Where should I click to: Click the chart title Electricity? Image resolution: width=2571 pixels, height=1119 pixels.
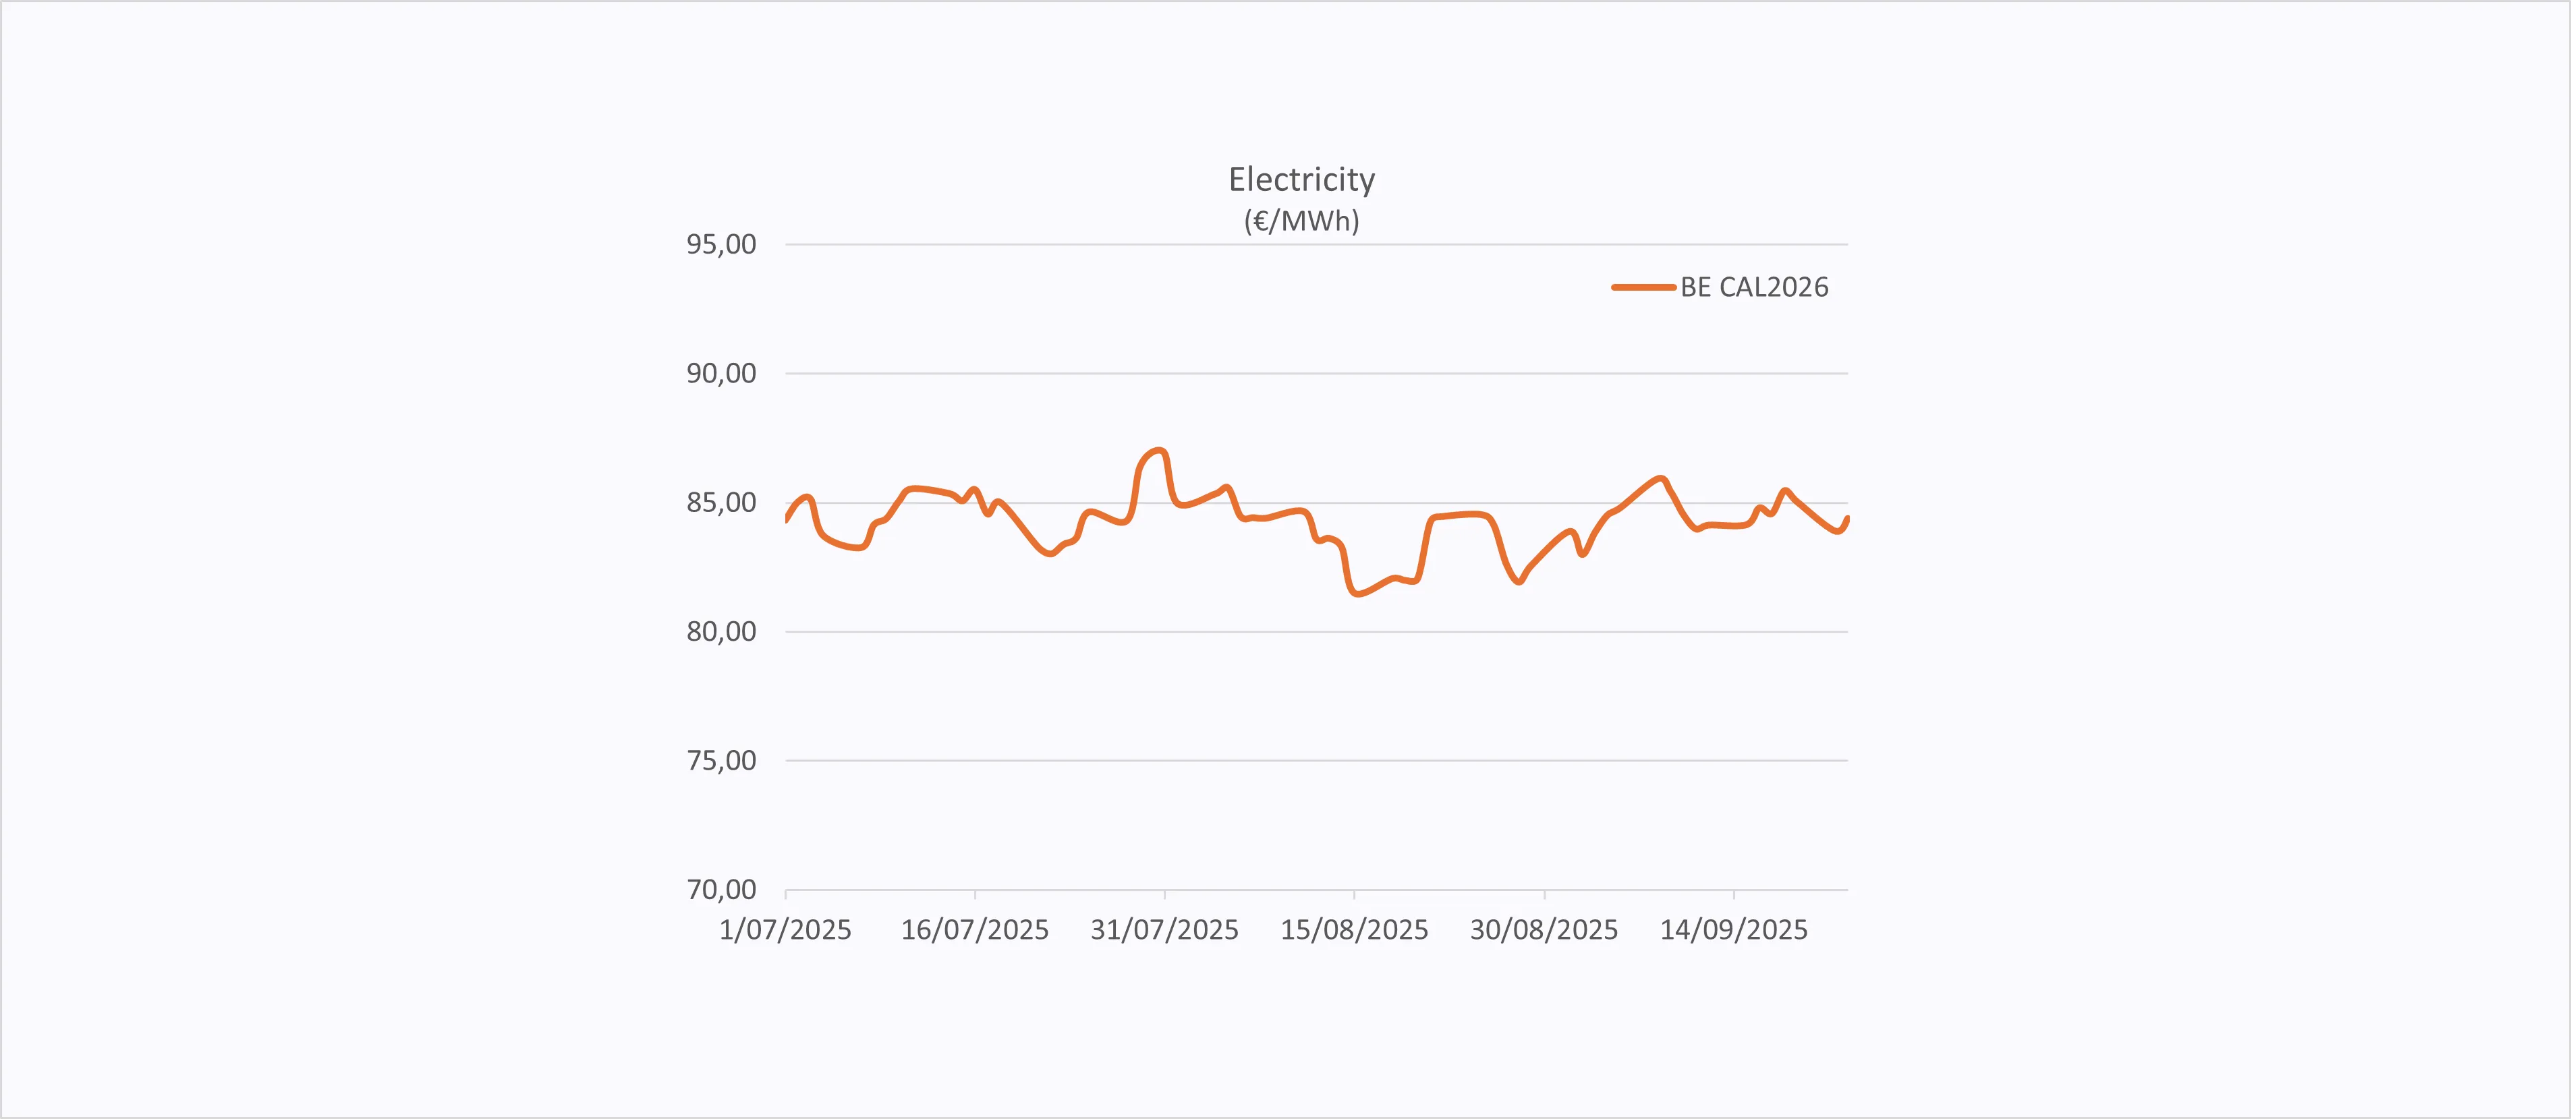coord(1301,179)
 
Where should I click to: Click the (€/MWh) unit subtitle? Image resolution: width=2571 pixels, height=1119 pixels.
coord(1301,221)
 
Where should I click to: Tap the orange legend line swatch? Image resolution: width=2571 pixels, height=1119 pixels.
coord(1643,287)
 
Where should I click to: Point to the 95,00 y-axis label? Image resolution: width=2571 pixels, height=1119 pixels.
coord(721,245)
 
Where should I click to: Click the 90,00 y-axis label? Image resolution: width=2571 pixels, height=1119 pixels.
coord(721,373)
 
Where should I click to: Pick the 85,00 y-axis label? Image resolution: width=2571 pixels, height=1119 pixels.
coord(721,502)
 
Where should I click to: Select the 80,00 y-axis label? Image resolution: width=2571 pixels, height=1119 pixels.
coord(721,631)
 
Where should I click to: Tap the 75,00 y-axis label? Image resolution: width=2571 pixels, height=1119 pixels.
coord(721,761)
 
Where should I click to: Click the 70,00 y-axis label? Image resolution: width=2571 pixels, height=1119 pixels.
coord(721,890)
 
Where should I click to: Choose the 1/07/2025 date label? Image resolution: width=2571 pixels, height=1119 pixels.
coord(785,930)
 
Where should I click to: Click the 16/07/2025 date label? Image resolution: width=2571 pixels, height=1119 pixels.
coord(975,930)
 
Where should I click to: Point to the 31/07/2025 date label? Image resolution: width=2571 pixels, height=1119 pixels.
coord(1164,930)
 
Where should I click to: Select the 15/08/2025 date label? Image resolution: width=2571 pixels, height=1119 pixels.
coord(1355,930)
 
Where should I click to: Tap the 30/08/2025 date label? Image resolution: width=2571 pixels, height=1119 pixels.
coord(1544,930)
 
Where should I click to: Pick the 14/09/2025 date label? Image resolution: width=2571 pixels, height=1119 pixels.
coord(1734,930)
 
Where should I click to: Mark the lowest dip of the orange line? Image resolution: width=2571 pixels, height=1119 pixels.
coord(1357,595)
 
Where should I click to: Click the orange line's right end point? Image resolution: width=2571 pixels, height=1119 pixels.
coord(1847,518)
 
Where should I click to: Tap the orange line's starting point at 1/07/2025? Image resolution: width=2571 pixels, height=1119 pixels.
coord(787,519)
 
